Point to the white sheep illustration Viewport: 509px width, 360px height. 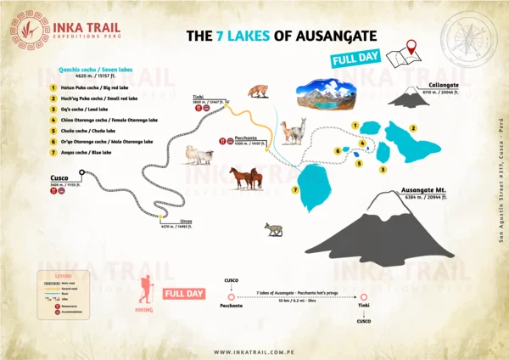[x=199, y=155]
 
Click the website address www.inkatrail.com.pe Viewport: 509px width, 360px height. [x=254, y=352]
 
